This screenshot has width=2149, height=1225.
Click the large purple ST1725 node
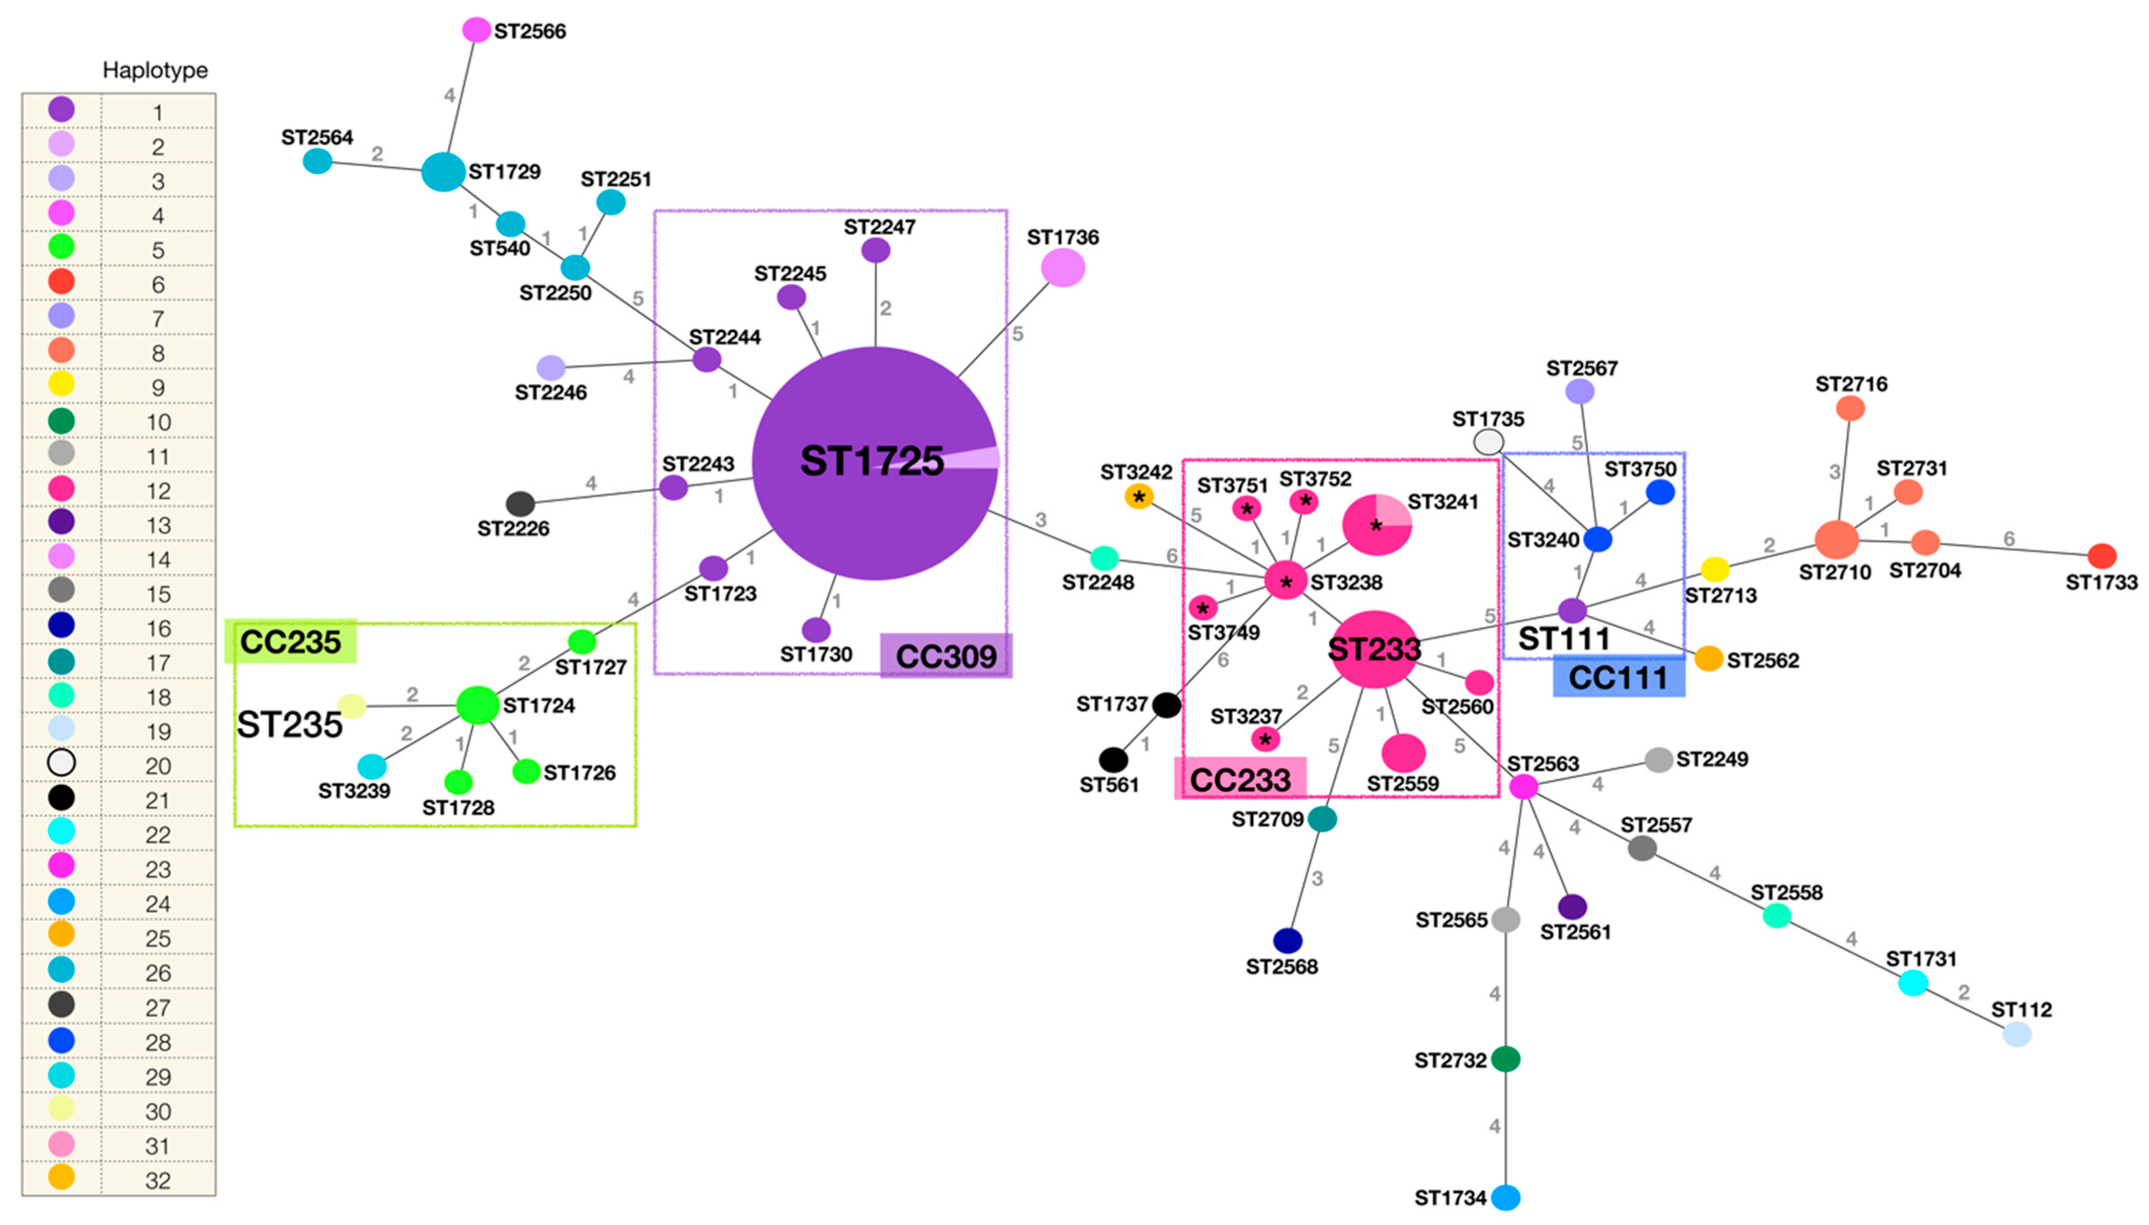click(x=875, y=463)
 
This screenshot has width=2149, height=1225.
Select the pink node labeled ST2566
click(x=476, y=30)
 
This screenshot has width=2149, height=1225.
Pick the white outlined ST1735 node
click(x=1489, y=442)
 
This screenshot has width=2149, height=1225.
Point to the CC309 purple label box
click(x=946, y=656)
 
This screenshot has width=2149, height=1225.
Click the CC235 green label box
click(x=291, y=642)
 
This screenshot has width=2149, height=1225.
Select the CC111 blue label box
click(x=1618, y=678)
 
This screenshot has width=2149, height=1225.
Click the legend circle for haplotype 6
click(x=61, y=281)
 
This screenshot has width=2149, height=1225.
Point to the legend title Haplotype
click(x=155, y=70)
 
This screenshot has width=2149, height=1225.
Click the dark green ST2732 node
click(x=1505, y=1059)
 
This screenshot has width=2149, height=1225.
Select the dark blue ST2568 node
click(x=1288, y=940)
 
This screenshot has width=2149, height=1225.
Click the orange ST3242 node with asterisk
click(x=1138, y=496)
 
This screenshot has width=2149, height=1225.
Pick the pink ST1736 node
click(x=1063, y=268)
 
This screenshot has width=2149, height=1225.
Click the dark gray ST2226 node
click(x=520, y=504)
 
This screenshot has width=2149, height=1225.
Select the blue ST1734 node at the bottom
click(x=1505, y=1196)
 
